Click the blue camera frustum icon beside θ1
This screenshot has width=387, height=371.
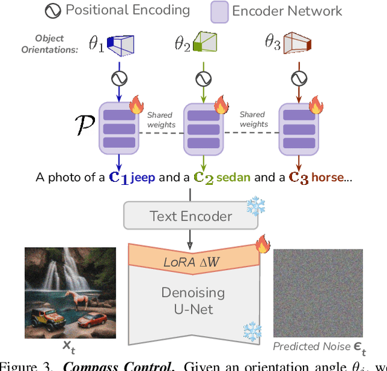[x=120, y=44]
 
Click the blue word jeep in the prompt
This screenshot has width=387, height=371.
[x=142, y=178]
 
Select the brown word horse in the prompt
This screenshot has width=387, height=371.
[x=327, y=178]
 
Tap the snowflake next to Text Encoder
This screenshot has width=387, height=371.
[x=256, y=207]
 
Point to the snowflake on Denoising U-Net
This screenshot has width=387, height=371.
[x=252, y=331]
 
